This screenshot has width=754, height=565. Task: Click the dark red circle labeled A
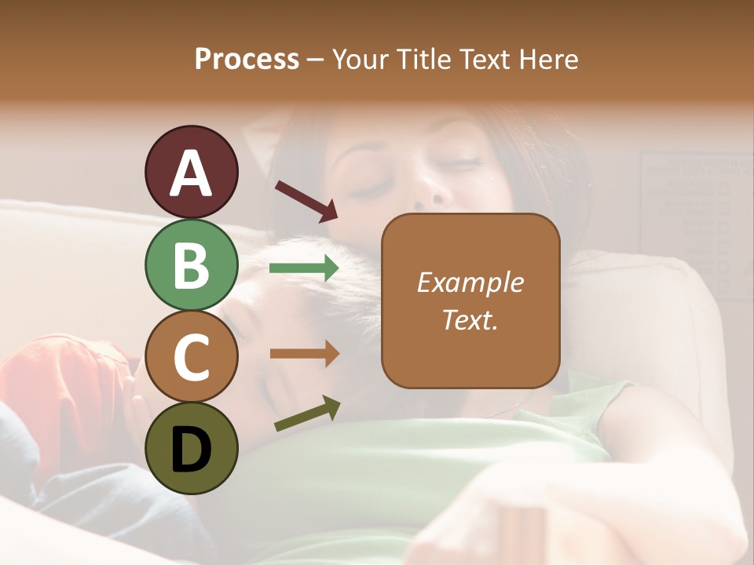192,173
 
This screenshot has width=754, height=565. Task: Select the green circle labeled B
192,264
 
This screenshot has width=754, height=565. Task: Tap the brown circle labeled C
192,356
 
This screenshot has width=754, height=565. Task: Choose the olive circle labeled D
192,448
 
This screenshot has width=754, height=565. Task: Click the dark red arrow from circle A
306,200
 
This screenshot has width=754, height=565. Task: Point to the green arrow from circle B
304,268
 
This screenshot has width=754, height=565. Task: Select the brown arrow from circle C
304,353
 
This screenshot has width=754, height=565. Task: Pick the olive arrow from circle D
307,414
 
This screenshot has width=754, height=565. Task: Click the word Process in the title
247,60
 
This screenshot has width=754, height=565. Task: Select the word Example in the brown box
470,282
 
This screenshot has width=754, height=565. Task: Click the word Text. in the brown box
470,319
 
